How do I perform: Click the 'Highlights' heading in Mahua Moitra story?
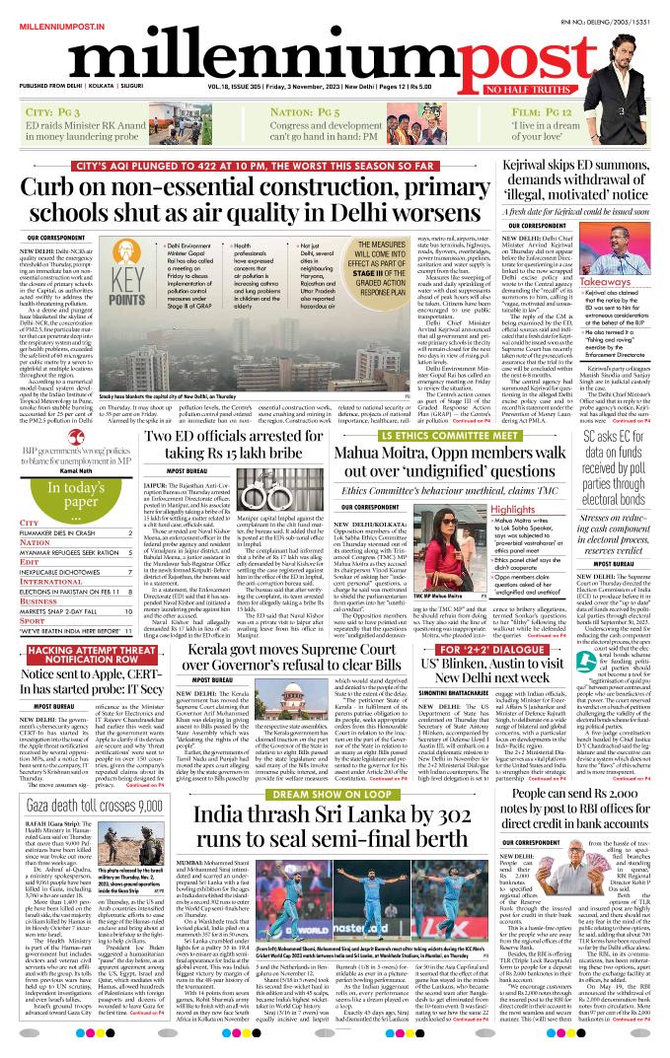click(x=514, y=510)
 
